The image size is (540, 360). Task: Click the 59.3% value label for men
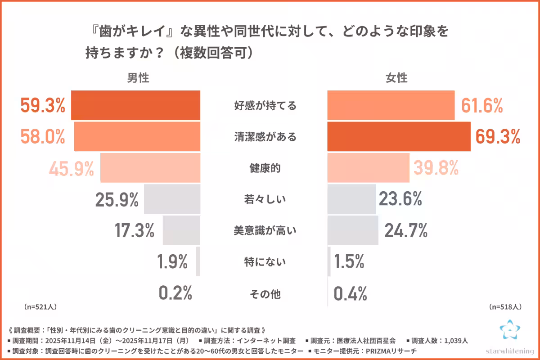(43, 106)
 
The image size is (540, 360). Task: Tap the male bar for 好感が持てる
(136, 106)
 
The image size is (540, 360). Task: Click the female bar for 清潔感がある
(399, 136)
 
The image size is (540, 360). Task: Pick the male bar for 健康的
(150, 168)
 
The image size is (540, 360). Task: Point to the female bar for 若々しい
(351, 199)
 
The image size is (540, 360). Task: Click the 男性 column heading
(138, 78)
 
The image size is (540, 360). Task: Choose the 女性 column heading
(396, 78)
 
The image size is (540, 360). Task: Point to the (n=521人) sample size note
(40, 307)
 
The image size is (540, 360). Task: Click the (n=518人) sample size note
(504, 307)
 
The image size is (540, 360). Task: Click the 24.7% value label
(405, 231)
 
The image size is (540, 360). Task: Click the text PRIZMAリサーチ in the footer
(391, 351)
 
